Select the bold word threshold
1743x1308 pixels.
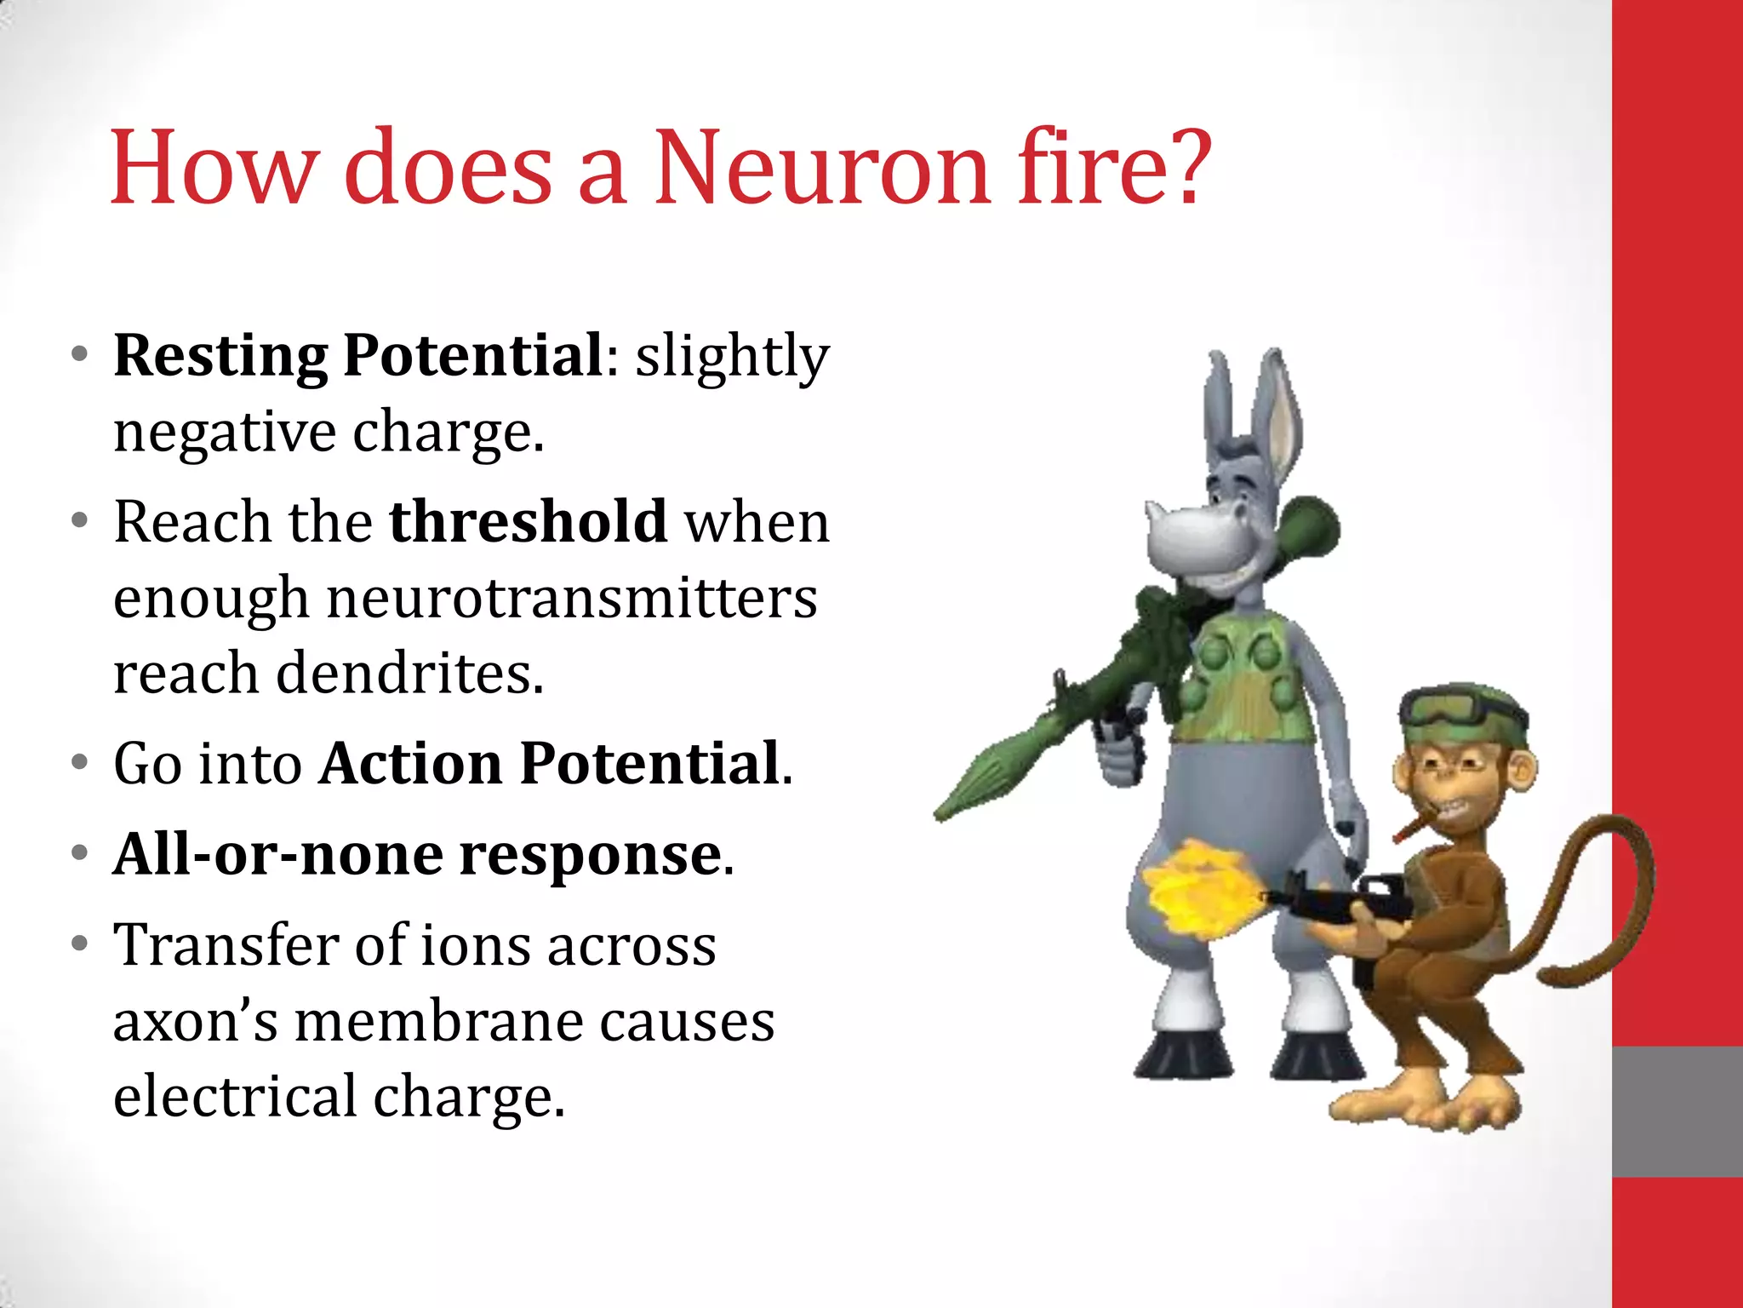[x=528, y=521]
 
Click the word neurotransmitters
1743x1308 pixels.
[x=572, y=598]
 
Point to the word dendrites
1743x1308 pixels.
[x=409, y=674]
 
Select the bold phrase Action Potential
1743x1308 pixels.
[x=551, y=763]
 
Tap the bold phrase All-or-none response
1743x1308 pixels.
[x=418, y=854]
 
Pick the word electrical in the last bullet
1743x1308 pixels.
[x=235, y=1097]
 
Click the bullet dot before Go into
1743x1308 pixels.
[x=80, y=763]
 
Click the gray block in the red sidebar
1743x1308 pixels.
[x=1677, y=1111]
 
